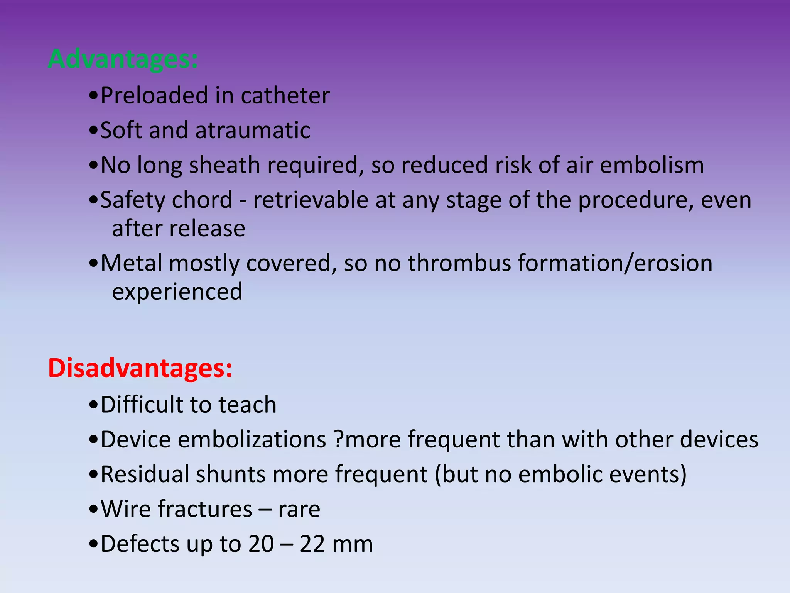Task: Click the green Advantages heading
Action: click(123, 59)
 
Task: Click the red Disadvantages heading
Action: click(140, 368)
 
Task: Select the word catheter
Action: click(285, 95)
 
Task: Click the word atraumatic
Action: click(253, 130)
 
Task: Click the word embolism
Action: click(652, 165)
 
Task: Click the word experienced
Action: click(177, 291)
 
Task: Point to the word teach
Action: click(247, 405)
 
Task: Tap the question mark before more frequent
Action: click(338, 439)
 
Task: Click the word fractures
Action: click(205, 509)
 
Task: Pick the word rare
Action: click(299, 510)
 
